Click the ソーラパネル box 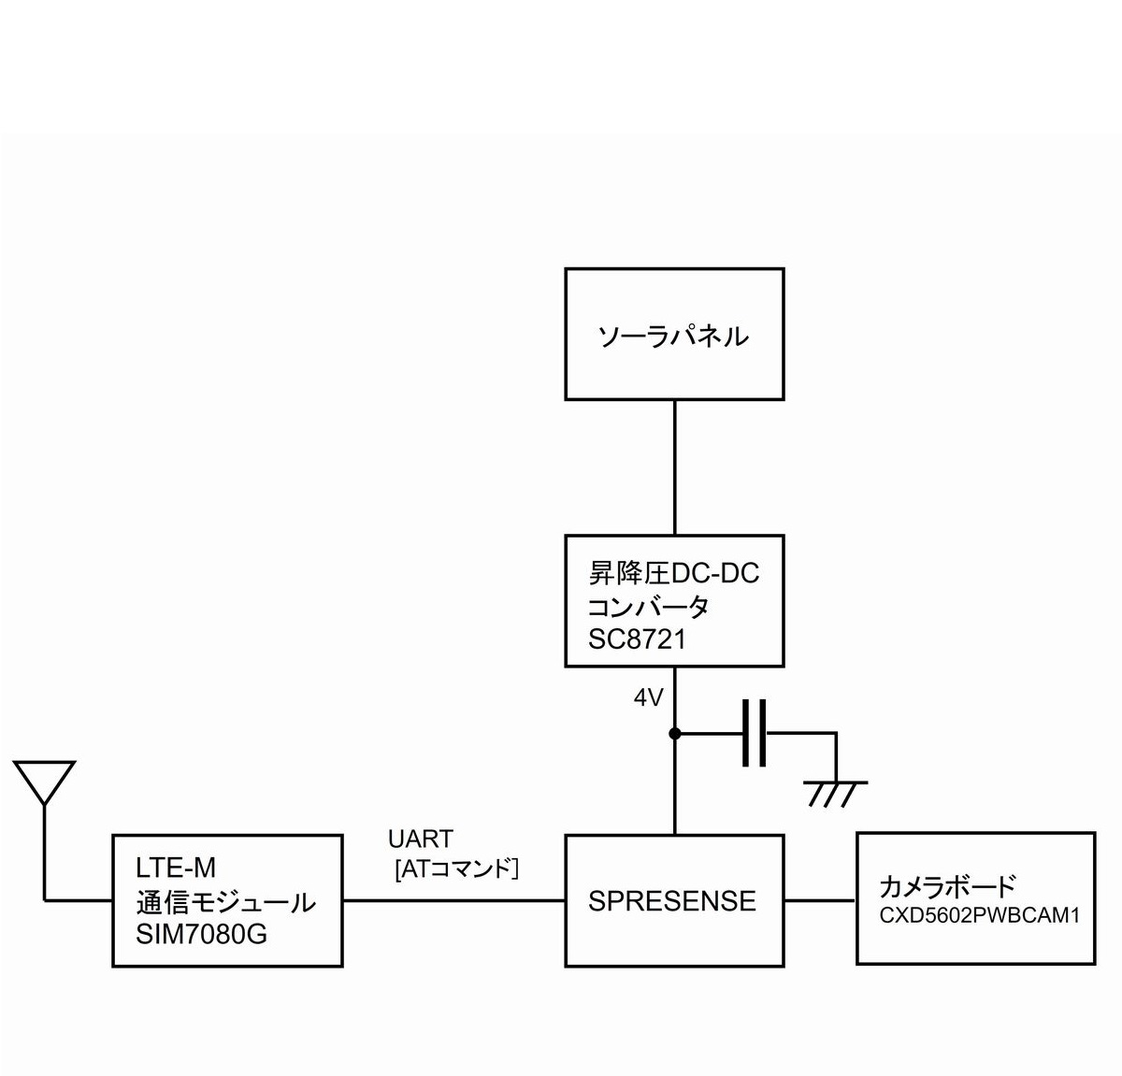click(x=674, y=335)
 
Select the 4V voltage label click(x=648, y=697)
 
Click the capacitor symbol click(x=755, y=733)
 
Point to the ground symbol click(x=835, y=792)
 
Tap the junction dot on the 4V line click(x=674, y=734)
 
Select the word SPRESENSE click(x=672, y=901)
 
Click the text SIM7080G click(x=201, y=933)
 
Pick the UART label click(x=421, y=839)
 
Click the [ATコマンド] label click(x=457, y=869)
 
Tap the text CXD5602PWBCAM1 click(x=979, y=916)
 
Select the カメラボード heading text click(x=947, y=886)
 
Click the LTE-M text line click(x=176, y=868)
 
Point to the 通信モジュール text click(x=225, y=901)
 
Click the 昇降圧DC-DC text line click(x=673, y=572)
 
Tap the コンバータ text click(x=648, y=606)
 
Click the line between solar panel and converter click(x=674, y=467)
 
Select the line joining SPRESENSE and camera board click(x=820, y=900)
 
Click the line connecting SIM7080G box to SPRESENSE click(x=453, y=900)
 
